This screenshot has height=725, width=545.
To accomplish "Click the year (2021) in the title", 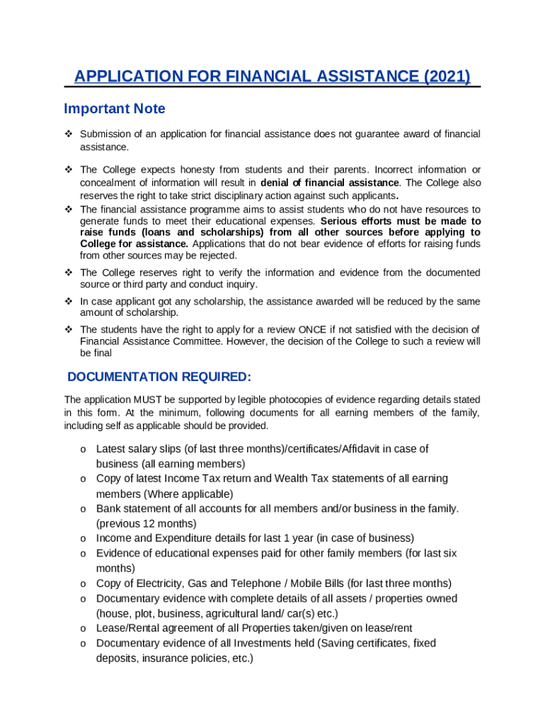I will (x=447, y=76).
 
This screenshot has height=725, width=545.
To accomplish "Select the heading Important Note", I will (x=115, y=108).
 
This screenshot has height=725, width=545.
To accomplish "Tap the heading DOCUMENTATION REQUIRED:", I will (x=159, y=376).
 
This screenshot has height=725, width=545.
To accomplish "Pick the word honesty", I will (x=180, y=170).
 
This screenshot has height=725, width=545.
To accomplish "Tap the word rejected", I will (x=219, y=256).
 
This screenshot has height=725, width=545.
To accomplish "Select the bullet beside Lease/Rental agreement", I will (x=83, y=629).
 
